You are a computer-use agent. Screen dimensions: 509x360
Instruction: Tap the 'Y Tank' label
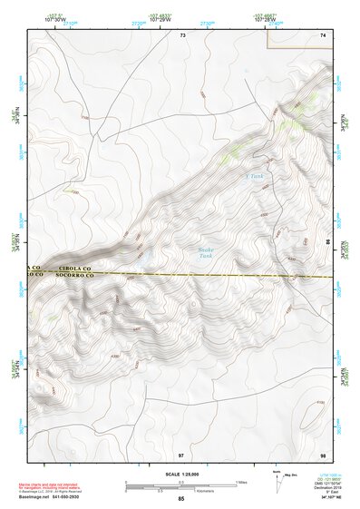point(254,176)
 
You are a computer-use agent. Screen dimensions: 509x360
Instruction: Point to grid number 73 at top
point(182,34)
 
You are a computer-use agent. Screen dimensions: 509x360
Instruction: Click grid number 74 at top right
point(322,34)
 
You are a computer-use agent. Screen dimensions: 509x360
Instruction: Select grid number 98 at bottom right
point(322,453)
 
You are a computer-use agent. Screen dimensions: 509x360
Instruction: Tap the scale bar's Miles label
point(241,481)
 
